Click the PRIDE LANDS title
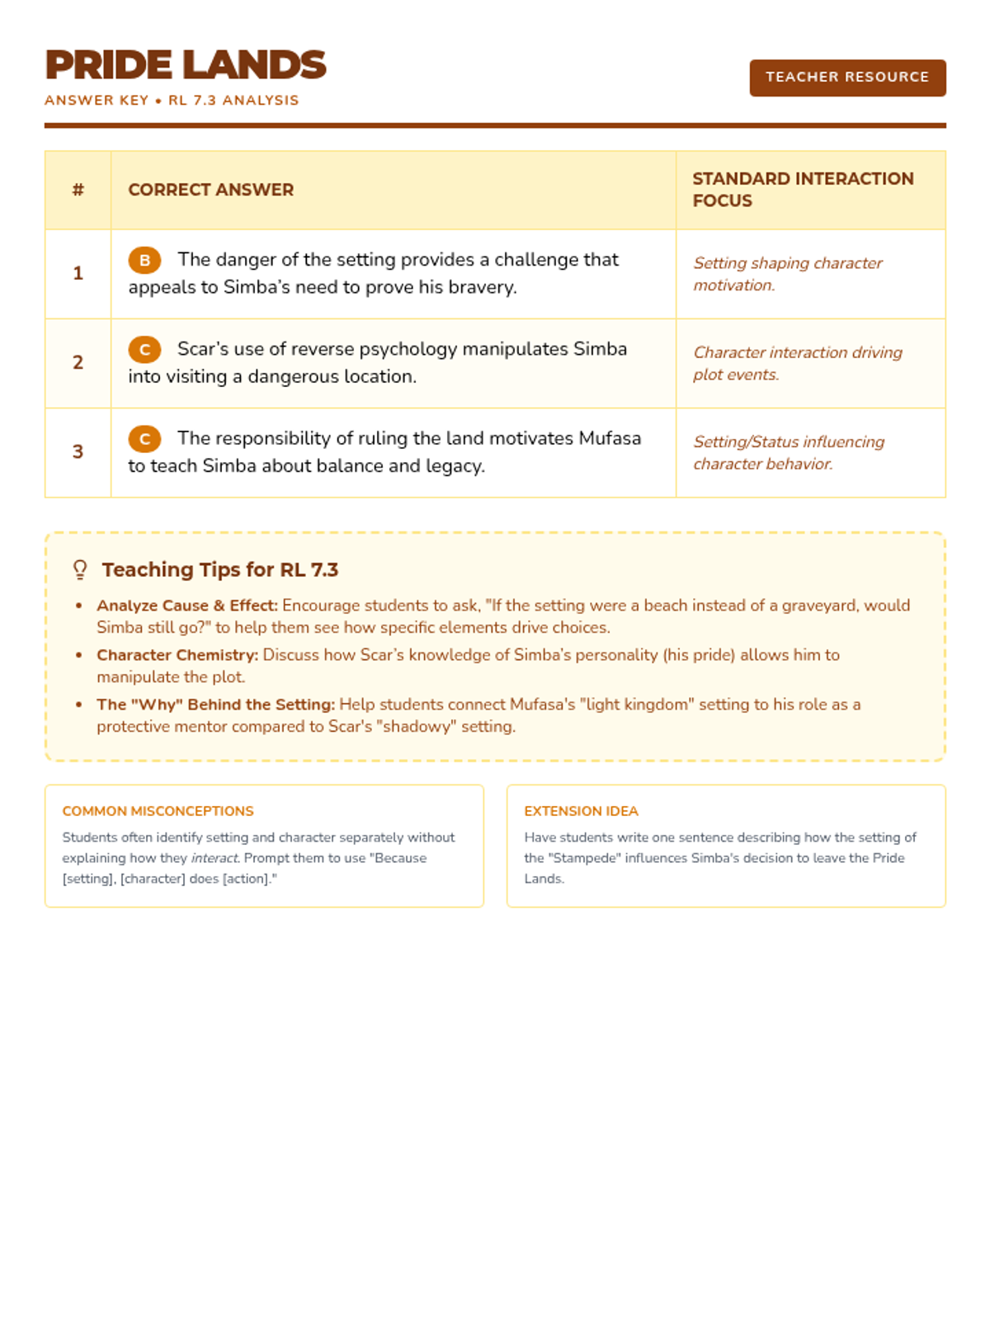click(186, 65)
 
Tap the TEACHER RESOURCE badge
click(847, 78)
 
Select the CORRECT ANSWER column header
click(211, 190)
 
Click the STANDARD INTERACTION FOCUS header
click(803, 190)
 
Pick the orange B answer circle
click(144, 261)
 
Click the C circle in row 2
click(144, 350)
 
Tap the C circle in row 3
click(144, 439)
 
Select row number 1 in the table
click(78, 273)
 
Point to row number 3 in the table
click(78, 451)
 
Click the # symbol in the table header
click(78, 190)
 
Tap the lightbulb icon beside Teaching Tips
click(80, 570)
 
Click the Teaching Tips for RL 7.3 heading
click(220, 570)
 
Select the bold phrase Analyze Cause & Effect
click(187, 606)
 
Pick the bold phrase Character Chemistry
click(177, 655)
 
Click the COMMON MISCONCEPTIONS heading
click(158, 811)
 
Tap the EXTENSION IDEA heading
click(582, 811)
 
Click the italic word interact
click(214, 858)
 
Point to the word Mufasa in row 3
click(610, 438)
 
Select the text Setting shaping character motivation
click(787, 274)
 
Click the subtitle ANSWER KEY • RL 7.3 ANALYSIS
click(172, 101)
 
